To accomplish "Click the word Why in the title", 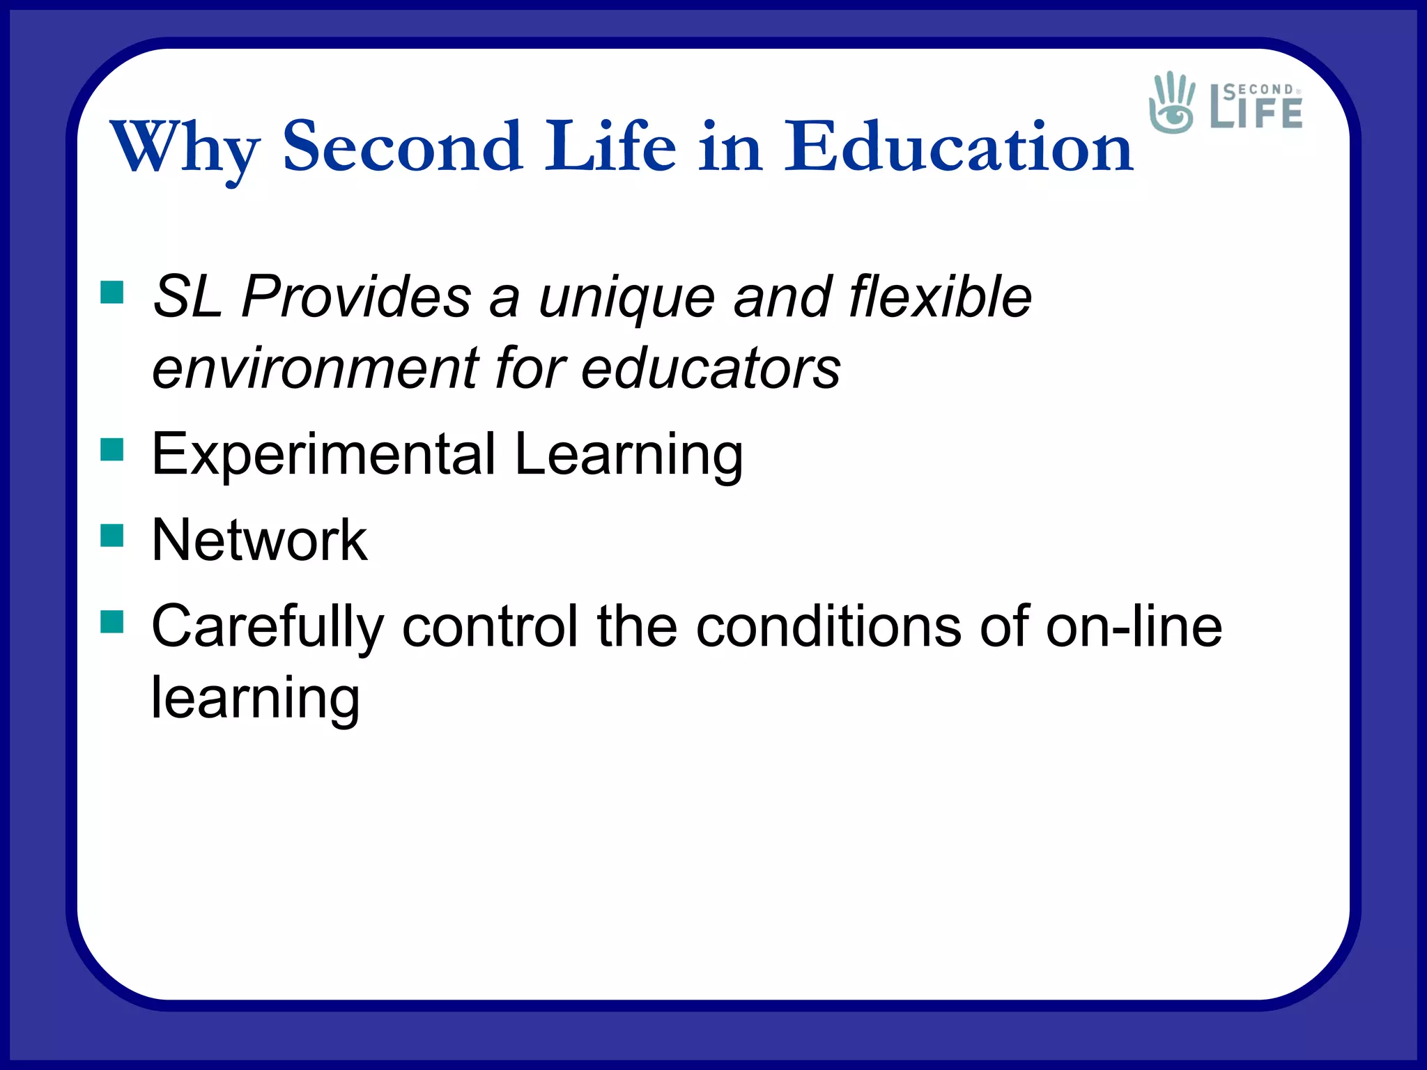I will click(x=185, y=148).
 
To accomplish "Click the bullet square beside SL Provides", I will click(x=111, y=293).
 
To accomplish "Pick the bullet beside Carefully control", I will click(x=111, y=621).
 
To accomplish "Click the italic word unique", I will click(x=626, y=298).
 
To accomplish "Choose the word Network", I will click(x=259, y=540).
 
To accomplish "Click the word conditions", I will click(x=829, y=626).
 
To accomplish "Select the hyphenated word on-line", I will click(x=1134, y=626).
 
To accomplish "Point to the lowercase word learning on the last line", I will click(x=256, y=699).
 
